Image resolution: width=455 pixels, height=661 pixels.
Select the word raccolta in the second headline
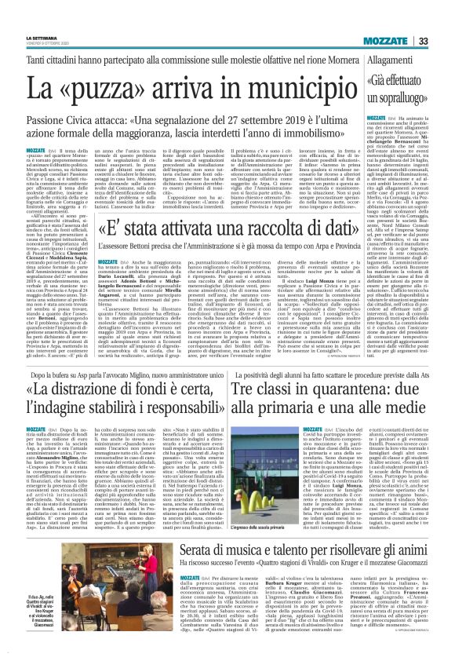(x=260, y=208)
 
